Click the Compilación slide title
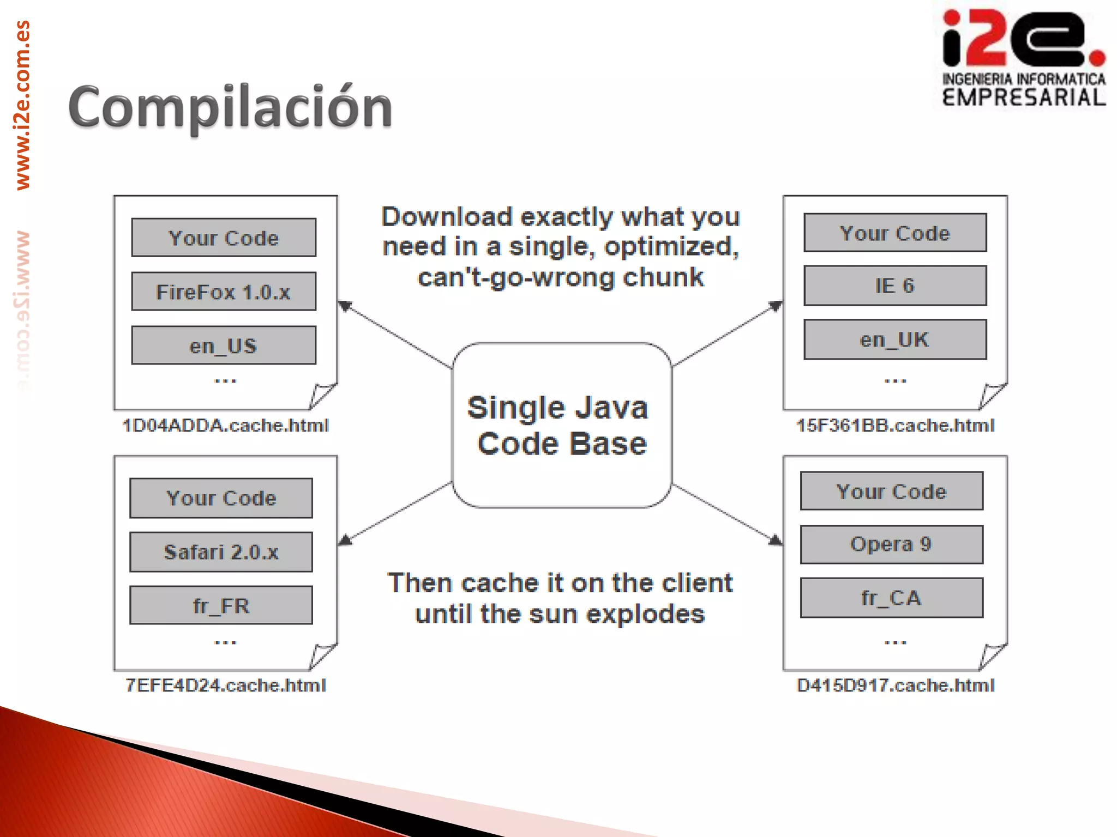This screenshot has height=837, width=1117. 230,107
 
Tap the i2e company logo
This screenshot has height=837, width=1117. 1023,57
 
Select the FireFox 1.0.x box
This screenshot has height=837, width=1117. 224,292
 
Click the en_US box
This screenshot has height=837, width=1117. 224,345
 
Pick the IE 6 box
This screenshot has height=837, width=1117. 895,286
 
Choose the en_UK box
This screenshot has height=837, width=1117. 895,339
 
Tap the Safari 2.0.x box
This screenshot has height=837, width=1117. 221,552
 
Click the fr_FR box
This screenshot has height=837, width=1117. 221,605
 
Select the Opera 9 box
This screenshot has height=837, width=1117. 891,544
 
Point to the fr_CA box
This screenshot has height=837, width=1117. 891,598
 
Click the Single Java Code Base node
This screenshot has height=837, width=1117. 561,426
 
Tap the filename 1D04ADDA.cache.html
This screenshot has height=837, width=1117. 225,426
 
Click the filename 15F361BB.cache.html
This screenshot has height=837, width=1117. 895,426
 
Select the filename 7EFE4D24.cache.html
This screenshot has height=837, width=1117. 225,686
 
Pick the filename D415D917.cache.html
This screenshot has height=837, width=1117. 895,686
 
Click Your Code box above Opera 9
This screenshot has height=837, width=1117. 891,492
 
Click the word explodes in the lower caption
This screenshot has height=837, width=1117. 645,615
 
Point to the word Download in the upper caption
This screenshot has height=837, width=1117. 447,217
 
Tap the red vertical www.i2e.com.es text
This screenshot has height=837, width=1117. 22,105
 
